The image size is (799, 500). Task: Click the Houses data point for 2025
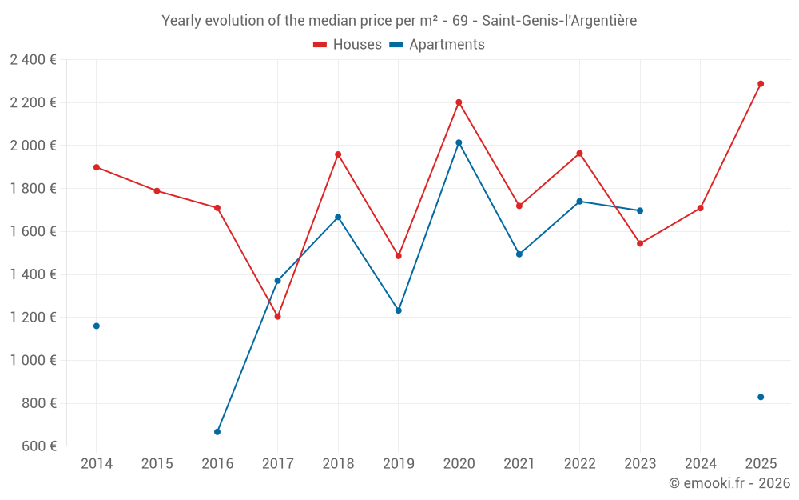761,84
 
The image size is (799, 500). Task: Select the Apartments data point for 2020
459,142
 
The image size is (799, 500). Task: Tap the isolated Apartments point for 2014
97,326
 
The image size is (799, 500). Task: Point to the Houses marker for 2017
278,317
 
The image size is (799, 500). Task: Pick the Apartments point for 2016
217,432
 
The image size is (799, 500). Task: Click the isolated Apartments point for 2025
761,398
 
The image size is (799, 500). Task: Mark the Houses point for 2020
459,102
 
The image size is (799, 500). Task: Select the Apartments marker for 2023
640,211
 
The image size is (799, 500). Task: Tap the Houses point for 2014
97,167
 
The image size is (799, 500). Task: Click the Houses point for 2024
701,208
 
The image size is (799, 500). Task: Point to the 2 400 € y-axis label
33,60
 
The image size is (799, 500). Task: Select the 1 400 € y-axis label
33,274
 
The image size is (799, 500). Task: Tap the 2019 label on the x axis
399,464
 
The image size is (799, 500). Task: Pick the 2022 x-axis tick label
579,464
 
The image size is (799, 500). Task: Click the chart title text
399,21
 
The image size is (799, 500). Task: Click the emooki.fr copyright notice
729,483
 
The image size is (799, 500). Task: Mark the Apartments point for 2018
338,217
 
